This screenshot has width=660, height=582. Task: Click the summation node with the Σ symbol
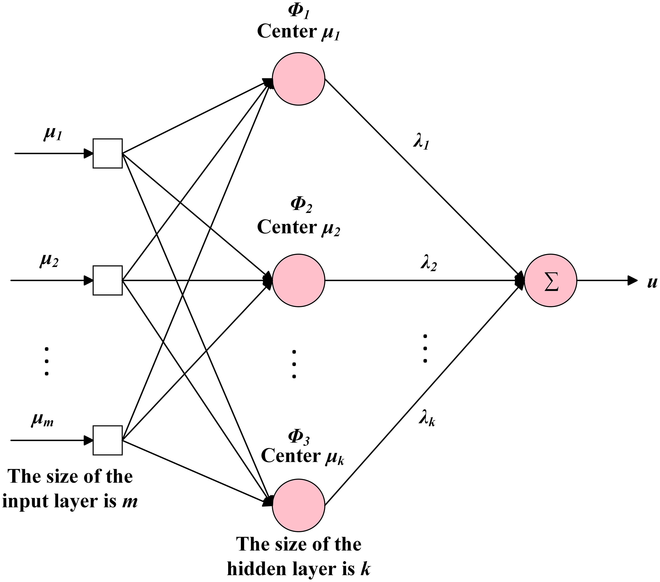point(551,281)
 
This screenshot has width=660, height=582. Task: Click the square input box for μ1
point(108,153)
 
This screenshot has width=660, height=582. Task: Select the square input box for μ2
point(108,280)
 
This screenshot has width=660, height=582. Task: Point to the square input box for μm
point(108,440)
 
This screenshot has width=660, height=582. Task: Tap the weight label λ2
point(428,264)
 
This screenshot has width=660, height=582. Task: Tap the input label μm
point(42,420)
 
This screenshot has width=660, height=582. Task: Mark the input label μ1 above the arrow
point(52,134)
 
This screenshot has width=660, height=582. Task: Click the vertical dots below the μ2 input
point(47,361)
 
